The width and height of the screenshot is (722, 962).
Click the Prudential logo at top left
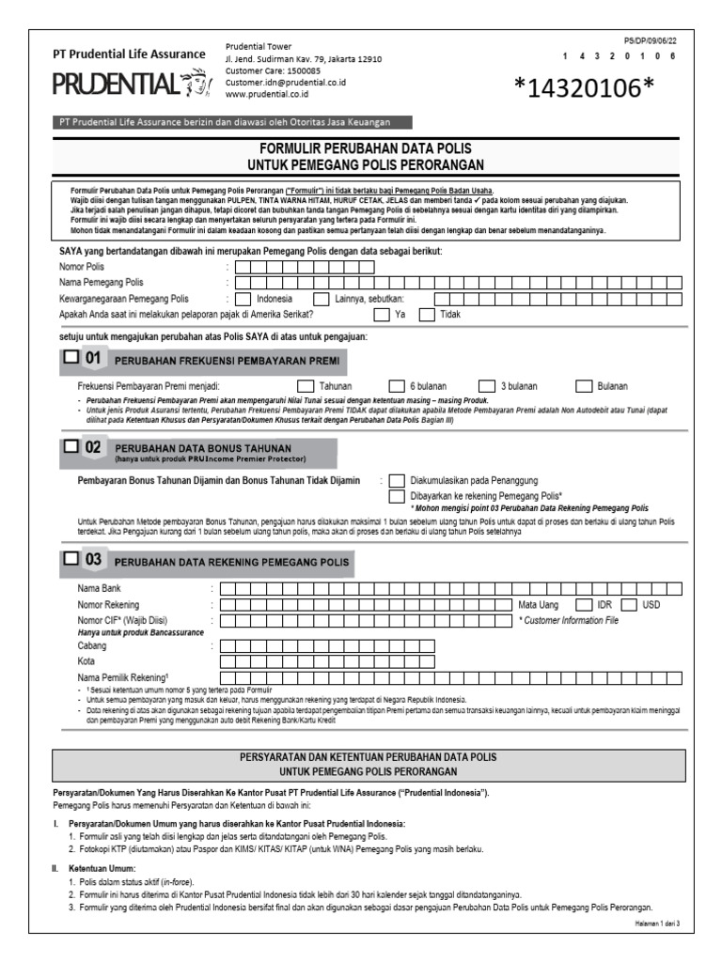pos(128,85)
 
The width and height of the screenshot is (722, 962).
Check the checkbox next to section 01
pos(71,358)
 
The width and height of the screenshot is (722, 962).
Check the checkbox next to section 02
pos(71,448)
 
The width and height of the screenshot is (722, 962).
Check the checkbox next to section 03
pos(71,559)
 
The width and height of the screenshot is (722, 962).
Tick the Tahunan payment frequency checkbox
pos(306,385)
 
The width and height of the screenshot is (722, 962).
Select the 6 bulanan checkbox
pos(395,385)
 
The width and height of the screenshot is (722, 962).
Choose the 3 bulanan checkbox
pos(486,385)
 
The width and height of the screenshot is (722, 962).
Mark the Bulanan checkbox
pos(583,385)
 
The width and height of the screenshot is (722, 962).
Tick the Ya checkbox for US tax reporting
pos(380,315)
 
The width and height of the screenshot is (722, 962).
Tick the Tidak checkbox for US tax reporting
pos(427,315)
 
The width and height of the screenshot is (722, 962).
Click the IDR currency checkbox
pos(583,604)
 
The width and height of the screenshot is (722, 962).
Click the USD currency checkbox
pos(629,604)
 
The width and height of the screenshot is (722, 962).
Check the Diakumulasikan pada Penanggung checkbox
pos(397,480)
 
